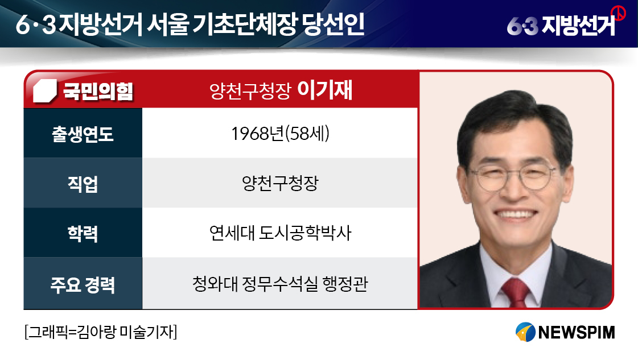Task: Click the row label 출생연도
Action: [83, 134]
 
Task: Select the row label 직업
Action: [83, 184]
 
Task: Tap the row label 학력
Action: [83, 234]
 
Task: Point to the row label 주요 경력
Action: [83, 284]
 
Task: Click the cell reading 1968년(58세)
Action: [281, 134]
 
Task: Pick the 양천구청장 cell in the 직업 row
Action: [281, 183]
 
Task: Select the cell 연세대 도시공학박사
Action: [281, 233]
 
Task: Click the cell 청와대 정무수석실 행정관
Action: [281, 284]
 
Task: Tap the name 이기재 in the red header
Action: [325, 90]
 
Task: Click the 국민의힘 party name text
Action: [98, 91]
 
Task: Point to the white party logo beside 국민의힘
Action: [45, 91]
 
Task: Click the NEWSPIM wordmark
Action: [576, 332]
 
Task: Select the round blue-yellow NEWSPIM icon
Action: [525, 332]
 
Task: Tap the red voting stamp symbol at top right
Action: [619, 13]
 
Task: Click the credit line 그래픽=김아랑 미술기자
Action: [101, 332]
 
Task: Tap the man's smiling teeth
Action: [516, 214]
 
